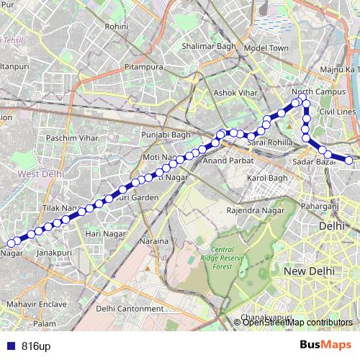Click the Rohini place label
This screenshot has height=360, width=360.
point(116,26)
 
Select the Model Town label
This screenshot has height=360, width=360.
point(266,48)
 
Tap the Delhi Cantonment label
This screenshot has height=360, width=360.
point(130,308)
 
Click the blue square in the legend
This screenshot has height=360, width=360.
point(9,346)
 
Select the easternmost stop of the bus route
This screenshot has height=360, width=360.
point(349,161)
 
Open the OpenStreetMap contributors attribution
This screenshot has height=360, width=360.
point(297,323)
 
